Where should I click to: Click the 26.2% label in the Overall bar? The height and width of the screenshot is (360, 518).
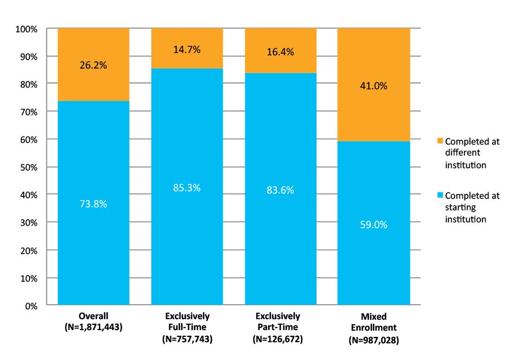93,65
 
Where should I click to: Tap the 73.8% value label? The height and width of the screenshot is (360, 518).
93,203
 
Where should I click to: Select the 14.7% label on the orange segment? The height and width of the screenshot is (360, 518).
186,50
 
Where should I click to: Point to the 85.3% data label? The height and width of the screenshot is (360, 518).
186,187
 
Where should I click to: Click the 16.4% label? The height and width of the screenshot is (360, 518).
280,52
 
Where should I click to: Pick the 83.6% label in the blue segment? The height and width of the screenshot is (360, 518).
280,190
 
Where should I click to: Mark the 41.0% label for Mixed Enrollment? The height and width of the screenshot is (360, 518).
374,86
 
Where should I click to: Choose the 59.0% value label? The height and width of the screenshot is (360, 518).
374,225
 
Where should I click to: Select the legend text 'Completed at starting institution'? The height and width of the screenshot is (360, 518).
472,207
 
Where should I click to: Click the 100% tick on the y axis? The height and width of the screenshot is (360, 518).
26,29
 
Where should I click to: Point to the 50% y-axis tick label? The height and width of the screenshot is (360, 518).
28,168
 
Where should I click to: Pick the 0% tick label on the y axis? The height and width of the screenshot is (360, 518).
30,306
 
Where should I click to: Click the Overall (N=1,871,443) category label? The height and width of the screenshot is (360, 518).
93,322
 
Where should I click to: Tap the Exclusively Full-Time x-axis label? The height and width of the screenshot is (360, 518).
187,328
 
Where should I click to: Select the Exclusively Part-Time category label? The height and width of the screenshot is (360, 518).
280,328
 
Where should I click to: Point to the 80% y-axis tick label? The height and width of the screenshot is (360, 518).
28,84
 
